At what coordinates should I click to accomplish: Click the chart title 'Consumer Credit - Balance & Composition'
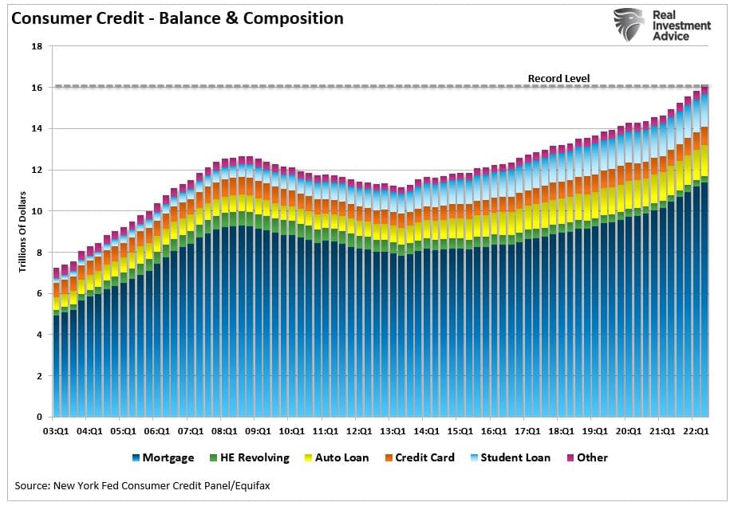(177, 18)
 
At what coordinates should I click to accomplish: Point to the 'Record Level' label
(558, 78)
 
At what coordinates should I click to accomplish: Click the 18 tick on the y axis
(37, 46)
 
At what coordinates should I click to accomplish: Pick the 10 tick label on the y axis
(37, 211)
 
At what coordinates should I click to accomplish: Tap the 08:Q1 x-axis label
(223, 431)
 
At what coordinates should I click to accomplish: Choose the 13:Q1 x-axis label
(392, 431)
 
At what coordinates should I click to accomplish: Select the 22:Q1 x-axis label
(697, 431)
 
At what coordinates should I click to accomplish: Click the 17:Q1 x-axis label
(527, 431)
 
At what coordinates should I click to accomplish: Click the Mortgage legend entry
(163, 458)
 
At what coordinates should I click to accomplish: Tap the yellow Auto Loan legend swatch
(307, 458)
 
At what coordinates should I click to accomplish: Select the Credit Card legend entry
(424, 458)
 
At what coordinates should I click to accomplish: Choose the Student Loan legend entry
(515, 458)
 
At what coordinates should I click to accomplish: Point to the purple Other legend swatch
(570, 458)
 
